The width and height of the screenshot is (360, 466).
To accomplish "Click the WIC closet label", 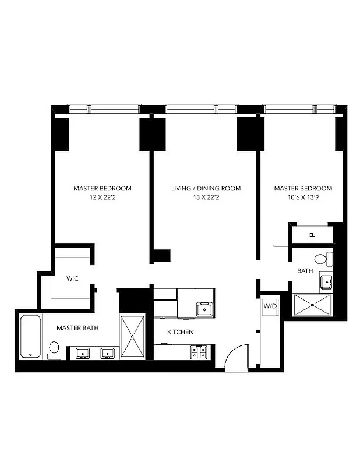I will click(x=73, y=278).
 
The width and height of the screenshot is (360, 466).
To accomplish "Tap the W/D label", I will click(x=270, y=306).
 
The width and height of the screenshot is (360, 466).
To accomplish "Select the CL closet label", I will click(x=312, y=235).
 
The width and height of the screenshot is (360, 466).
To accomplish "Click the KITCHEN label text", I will click(x=181, y=332).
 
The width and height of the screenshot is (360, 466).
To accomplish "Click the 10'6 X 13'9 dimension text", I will click(x=303, y=197).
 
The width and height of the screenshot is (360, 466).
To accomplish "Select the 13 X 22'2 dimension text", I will click(x=206, y=197).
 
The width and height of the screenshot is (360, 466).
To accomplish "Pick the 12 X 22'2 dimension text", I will click(x=103, y=197).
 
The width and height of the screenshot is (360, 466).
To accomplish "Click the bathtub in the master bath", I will click(x=30, y=336).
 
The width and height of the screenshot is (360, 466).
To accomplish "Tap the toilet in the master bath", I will click(x=54, y=349).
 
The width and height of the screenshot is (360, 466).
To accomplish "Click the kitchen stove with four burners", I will click(x=198, y=352).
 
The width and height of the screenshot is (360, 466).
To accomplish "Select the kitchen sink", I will click(x=204, y=309).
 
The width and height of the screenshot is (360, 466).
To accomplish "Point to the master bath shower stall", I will click(x=132, y=337).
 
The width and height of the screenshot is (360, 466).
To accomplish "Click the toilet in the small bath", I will click(x=322, y=259).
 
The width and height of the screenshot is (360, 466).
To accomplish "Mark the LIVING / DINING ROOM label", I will click(x=206, y=189).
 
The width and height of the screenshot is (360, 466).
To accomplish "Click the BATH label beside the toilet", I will click(x=305, y=271).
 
